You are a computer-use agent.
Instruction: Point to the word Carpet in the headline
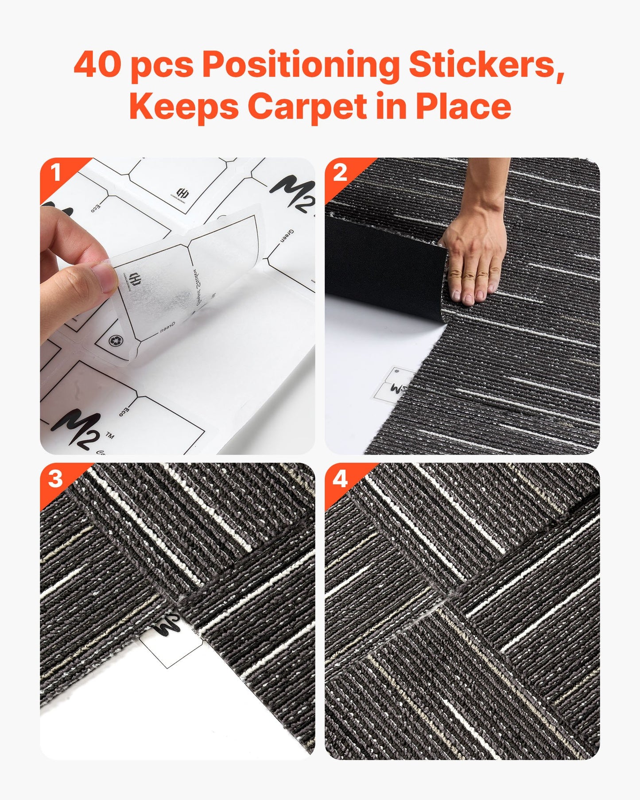point(307,106)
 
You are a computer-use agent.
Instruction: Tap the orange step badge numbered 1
point(56,173)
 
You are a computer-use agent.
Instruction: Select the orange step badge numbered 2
point(340,173)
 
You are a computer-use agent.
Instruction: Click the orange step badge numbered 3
point(55,478)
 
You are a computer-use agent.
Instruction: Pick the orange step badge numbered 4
point(340,478)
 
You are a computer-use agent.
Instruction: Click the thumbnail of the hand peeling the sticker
point(177,306)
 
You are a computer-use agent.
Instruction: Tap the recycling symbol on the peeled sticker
point(115,340)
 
